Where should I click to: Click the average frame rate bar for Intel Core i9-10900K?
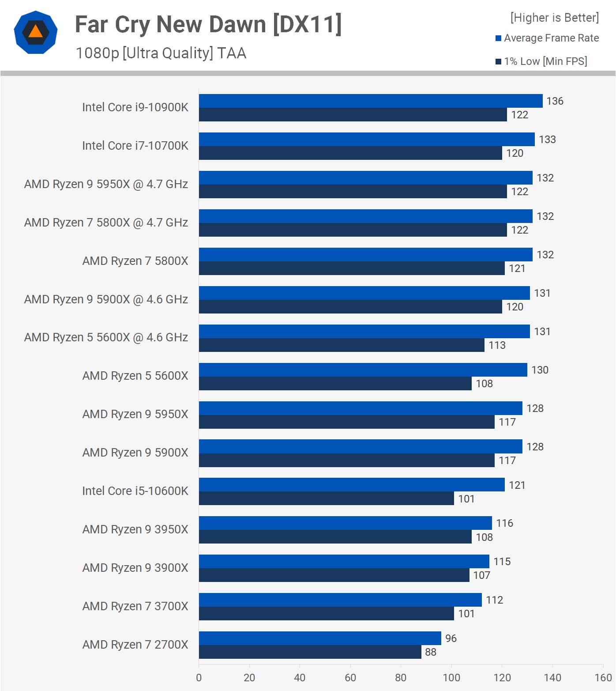371,101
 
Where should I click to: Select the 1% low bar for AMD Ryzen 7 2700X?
310,652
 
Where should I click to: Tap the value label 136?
555,101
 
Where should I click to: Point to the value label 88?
430,652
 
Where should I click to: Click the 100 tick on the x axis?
451,678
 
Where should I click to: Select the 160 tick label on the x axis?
603,678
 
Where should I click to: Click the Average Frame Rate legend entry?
547,38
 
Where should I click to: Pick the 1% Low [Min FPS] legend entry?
541,61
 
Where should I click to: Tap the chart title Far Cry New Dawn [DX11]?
208,24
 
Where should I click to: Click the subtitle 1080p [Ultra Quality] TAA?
161,53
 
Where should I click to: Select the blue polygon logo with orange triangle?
36,32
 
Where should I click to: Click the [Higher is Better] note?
554,18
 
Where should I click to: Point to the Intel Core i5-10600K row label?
135,491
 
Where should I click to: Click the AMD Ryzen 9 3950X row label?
135,529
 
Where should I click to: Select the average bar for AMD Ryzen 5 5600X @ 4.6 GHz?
364,331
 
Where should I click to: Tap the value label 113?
497,345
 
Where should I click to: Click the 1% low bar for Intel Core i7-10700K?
350,153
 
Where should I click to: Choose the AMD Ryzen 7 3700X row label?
135,606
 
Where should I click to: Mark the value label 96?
451,638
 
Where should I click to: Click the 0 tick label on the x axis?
199,678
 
